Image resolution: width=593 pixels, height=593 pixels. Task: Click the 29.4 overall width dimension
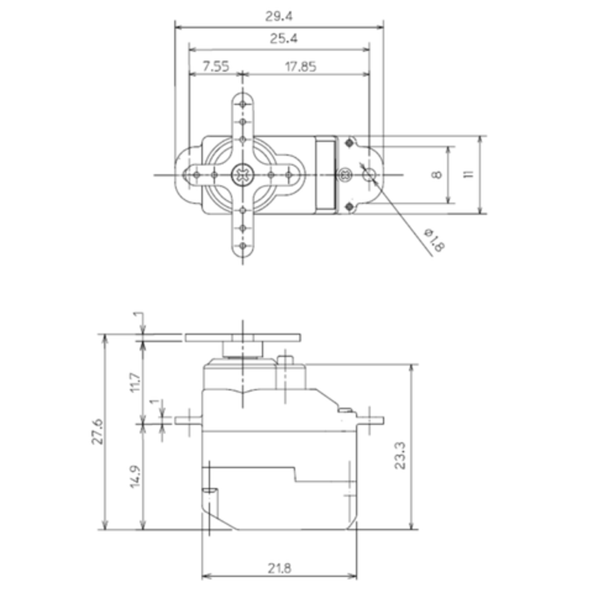279,17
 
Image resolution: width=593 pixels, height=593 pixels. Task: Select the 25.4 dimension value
283,39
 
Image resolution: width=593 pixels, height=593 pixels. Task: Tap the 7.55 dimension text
215,66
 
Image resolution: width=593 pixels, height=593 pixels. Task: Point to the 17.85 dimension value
300,66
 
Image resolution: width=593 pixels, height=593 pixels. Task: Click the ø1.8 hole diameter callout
433,240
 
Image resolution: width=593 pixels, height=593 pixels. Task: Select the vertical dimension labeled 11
469,174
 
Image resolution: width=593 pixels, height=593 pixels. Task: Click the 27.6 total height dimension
97,431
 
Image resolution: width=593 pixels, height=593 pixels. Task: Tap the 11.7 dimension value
135,382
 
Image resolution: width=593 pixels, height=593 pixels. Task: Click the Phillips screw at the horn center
242,174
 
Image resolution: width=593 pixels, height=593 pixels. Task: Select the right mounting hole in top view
370,174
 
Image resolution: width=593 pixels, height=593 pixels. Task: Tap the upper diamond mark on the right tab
349,143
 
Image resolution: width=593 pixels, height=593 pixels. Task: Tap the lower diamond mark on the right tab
349,207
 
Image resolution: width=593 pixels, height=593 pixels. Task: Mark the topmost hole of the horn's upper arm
242,104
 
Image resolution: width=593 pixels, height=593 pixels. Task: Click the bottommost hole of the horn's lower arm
242,246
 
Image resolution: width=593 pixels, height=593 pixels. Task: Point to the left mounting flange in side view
189,420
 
